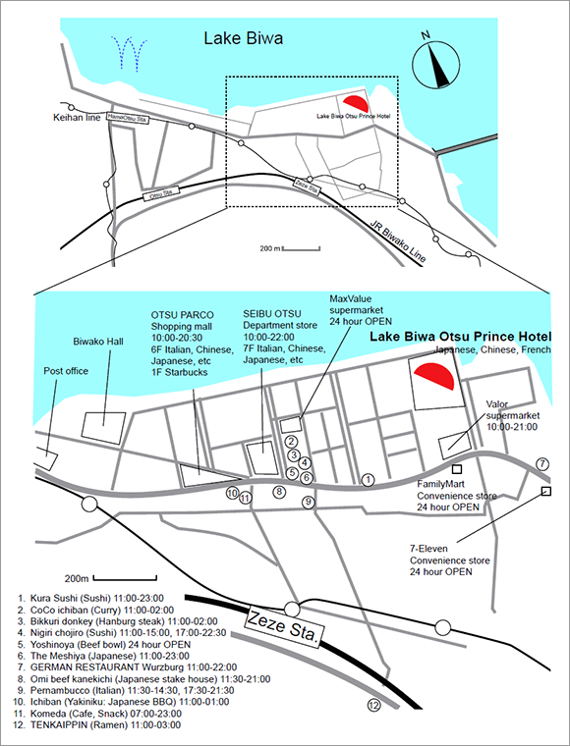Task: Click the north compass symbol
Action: pyautogui.click(x=435, y=67)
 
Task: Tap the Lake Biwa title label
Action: pyautogui.click(x=243, y=39)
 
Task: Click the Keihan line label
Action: pyautogui.click(x=78, y=119)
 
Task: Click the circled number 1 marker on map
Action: pyautogui.click(x=369, y=479)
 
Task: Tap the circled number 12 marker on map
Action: pyautogui.click(x=373, y=705)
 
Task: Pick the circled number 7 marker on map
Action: pyautogui.click(x=542, y=462)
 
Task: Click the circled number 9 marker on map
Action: pyautogui.click(x=309, y=502)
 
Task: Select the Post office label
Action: pyautogui.click(x=66, y=372)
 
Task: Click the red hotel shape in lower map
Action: pyautogui.click(x=433, y=376)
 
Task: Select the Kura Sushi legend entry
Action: pyautogui.click(x=96, y=597)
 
